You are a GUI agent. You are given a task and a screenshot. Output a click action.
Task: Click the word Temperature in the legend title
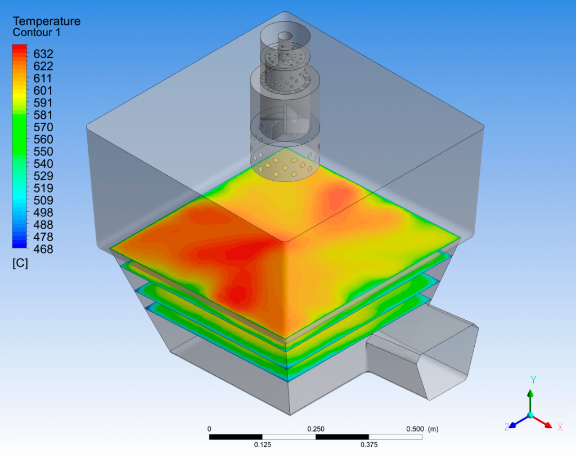46,21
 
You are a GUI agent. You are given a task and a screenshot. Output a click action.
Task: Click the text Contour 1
37,33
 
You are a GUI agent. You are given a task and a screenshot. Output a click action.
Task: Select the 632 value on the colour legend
43,54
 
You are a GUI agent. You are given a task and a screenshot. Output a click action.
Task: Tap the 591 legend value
43,103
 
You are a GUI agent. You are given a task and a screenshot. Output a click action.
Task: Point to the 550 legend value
43,152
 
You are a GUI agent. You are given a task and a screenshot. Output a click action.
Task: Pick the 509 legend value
43,201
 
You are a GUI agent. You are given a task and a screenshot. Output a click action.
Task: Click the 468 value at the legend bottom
43,250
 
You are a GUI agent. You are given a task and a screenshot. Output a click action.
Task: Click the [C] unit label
20,264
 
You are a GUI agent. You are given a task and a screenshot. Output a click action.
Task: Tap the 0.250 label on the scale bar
316,429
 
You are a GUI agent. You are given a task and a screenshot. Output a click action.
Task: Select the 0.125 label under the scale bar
263,444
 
